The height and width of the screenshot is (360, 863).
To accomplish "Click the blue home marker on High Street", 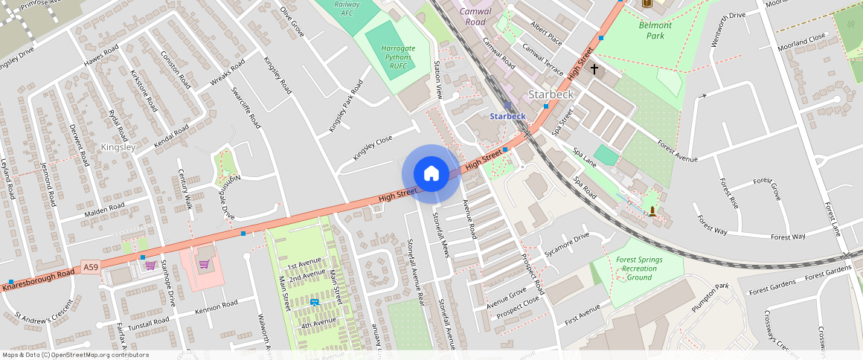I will coord(431,174).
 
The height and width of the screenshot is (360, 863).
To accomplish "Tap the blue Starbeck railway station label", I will coord(507,116).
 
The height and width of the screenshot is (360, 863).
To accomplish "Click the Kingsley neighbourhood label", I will coord(118,147).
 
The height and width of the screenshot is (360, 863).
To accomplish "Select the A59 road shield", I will coord(91,267).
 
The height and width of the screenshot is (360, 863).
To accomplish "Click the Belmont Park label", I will coord(655,30).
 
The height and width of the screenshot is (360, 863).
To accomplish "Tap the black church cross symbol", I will coord(594,69).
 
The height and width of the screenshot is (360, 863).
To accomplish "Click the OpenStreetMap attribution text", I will coord(75,355).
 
